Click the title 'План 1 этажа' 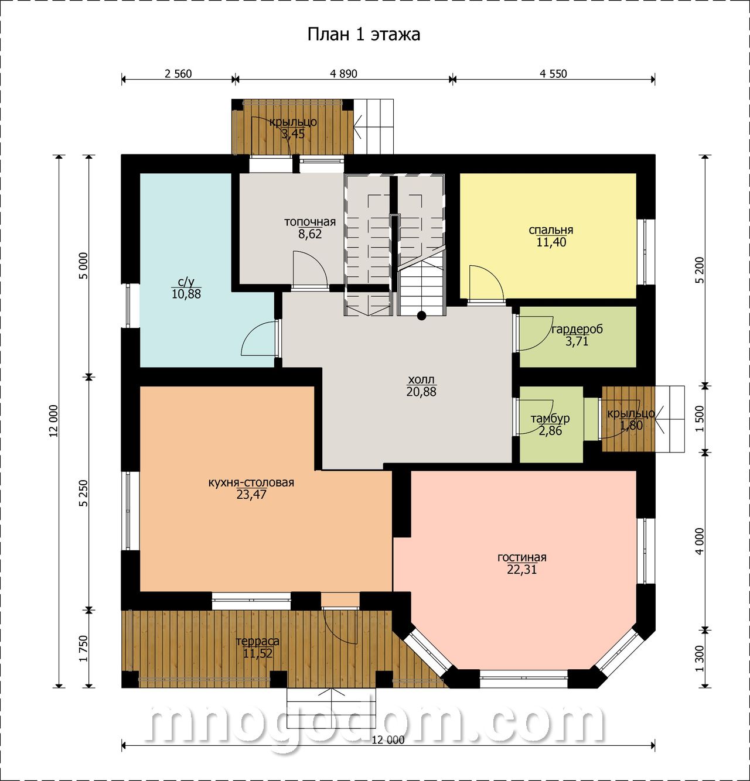[x=363, y=35]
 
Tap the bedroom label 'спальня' [x=551, y=230]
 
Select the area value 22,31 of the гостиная [x=521, y=570]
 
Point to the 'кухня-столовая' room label [x=251, y=482]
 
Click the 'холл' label [x=421, y=379]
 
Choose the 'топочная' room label [x=310, y=222]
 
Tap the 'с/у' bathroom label [x=186, y=282]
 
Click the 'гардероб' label [x=577, y=330]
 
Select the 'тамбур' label [x=550, y=419]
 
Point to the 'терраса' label [x=257, y=641]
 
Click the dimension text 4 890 [x=343, y=74]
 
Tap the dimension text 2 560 [x=178, y=74]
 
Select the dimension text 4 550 [x=553, y=74]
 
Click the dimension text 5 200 [x=700, y=270]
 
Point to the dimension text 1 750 [x=83, y=649]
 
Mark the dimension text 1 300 [x=700, y=659]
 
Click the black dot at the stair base [x=421, y=316]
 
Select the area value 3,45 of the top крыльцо [x=293, y=134]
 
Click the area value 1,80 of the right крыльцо [x=632, y=426]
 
